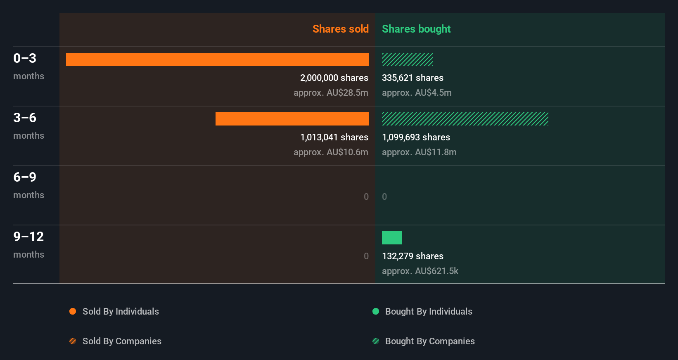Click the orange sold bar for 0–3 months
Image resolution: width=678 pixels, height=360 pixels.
[217, 59]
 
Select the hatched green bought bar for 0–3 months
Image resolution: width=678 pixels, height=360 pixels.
[407, 59]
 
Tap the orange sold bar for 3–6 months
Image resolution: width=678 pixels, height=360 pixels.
[292, 119]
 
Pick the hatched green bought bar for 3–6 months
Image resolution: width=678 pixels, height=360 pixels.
[465, 119]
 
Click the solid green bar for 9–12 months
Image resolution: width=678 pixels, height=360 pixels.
[391, 238]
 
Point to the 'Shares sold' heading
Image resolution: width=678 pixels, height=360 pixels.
[340, 29]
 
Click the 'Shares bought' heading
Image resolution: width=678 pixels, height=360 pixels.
[416, 29]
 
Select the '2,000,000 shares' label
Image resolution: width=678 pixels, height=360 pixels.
[334, 78]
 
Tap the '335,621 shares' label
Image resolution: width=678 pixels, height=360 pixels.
[412, 78]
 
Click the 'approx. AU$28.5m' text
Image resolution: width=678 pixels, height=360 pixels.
[331, 93]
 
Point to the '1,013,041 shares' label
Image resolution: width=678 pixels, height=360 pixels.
[334, 137]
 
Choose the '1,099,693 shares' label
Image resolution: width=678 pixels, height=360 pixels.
[416, 137]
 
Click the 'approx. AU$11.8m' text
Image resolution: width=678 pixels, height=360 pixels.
[419, 152]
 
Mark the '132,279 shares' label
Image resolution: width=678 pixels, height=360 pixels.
[412, 256]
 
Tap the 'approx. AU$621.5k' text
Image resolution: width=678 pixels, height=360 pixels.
[420, 271]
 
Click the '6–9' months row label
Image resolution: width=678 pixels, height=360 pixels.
[25, 177]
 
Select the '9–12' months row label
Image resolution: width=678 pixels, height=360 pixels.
[28, 237]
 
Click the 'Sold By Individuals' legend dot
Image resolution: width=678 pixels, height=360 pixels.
[73, 311]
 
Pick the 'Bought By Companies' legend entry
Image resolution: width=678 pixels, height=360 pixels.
[429, 341]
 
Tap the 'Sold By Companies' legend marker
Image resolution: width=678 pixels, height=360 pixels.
[73, 341]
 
